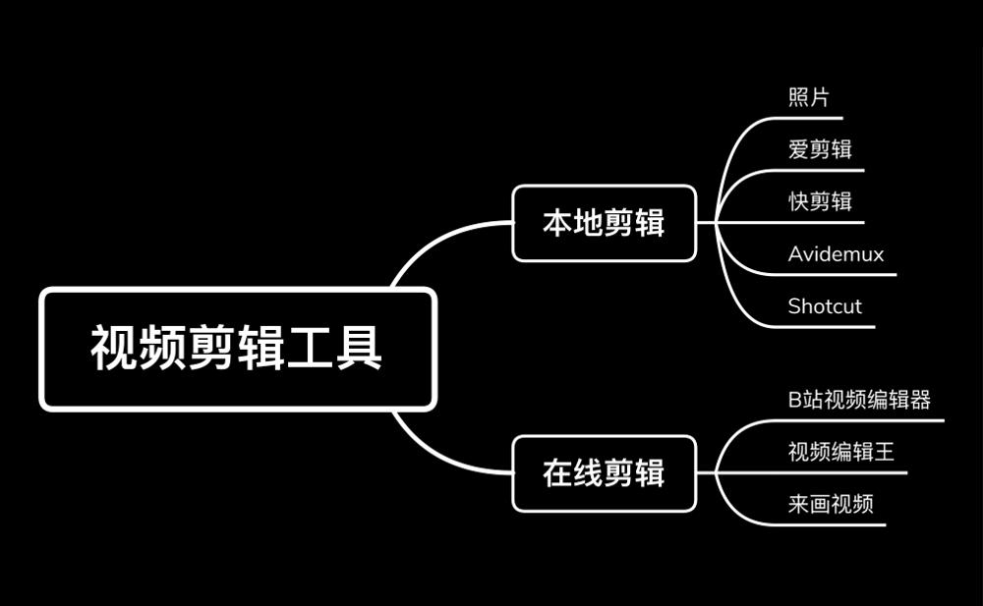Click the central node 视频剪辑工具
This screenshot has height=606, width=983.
pos(237,349)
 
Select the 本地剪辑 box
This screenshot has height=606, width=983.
pos(604,223)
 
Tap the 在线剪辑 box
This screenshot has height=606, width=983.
pos(604,473)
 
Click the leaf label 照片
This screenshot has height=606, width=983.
pos(808,98)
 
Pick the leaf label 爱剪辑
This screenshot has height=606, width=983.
pos(820,149)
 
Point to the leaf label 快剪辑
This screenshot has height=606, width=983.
pos(820,201)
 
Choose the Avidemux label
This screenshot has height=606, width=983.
pos(836,254)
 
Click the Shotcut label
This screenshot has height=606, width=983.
pos(825,306)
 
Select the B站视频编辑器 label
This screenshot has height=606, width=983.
pos(859,400)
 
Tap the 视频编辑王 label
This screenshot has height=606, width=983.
pos(841,452)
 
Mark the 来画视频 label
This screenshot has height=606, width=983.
pos(831,504)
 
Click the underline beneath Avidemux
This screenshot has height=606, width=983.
pos(836,275)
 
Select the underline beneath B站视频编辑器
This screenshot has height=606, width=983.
pos(865,420)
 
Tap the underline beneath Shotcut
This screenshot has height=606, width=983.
pos(826,327)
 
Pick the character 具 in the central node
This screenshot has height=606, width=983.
pos(359,349)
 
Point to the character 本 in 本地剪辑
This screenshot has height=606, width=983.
pos(557,223)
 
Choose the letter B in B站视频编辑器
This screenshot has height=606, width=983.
pos(795,400)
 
